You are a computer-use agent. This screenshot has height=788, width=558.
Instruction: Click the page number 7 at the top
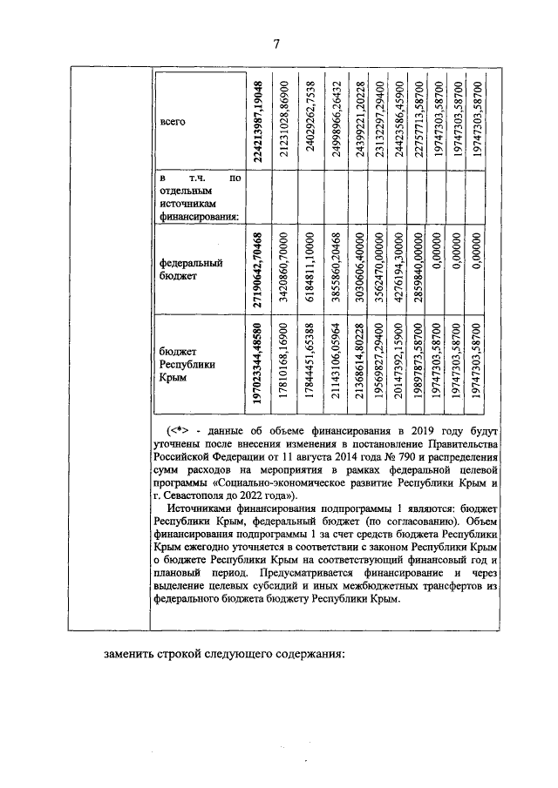[x=277, y=44]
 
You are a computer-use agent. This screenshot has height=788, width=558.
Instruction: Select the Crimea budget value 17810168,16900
[x=284, y=367]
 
